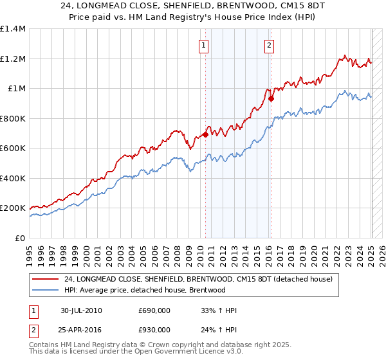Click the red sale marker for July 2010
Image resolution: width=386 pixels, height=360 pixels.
coord(205,134)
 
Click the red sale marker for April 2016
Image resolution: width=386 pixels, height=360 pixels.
coord(271,98)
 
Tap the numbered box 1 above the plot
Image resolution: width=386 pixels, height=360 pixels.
coord(203,45)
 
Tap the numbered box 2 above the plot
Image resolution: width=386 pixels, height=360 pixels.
coord(268,45)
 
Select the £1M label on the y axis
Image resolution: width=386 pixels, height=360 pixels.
coord(17,89)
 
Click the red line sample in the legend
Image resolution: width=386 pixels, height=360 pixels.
coord(45,279)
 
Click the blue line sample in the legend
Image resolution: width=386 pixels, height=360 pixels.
coord(45,290)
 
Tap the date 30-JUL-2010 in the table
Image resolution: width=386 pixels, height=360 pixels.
coord(81,311)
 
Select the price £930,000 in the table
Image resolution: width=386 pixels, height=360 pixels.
coord(154,329)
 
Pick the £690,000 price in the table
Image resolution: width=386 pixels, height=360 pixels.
coord(154,311)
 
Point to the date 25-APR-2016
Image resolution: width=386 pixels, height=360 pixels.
coord(81,329)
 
